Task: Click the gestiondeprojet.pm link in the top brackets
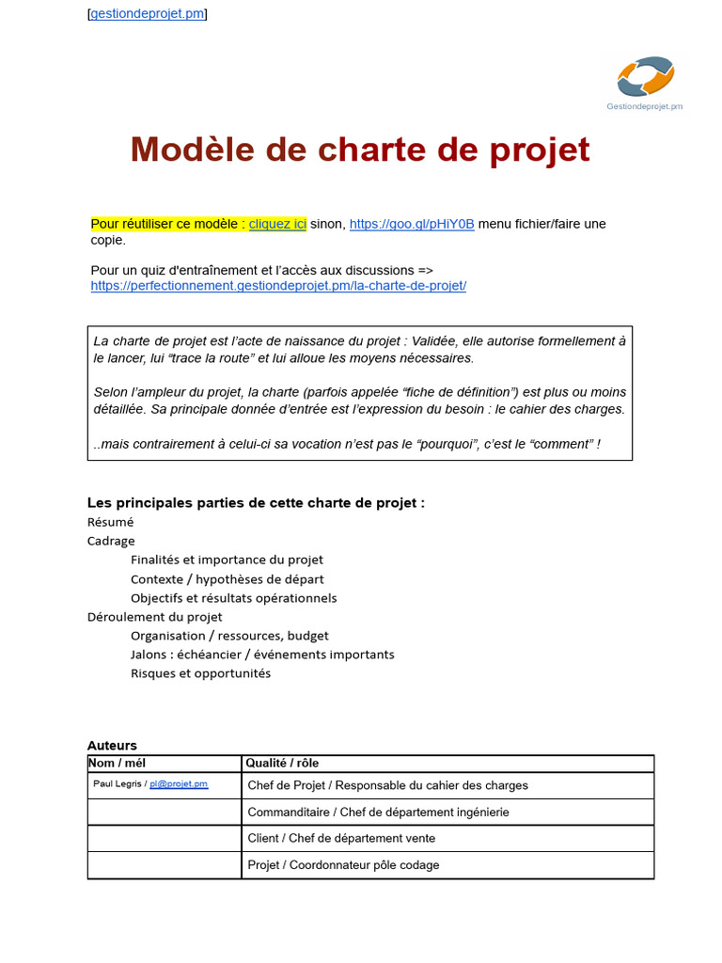[147, 14]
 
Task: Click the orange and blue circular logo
[645, 76]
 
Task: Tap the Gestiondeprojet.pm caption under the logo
[645, 106]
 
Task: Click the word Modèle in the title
[192, 150]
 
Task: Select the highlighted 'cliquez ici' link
[277, 224]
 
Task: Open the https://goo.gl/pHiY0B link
[412, 224]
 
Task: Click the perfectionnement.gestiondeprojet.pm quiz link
[278, 286]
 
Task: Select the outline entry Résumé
[111, 522]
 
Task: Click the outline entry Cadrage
[111, 541]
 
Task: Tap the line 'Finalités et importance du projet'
[227, 560]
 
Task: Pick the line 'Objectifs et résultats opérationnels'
[233, 598]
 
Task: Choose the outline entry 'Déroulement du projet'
[155, 617]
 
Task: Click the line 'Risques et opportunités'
[200, 673]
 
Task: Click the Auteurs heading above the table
[112, 746]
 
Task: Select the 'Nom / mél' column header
[117, 763]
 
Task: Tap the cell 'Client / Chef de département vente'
[341, 838]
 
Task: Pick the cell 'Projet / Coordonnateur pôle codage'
[343, 865]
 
